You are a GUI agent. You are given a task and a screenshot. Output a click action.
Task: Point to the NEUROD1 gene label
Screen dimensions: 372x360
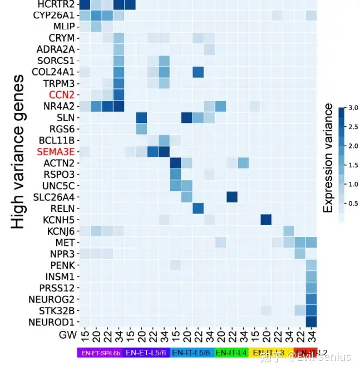pyautogui.click(x=53, y=321)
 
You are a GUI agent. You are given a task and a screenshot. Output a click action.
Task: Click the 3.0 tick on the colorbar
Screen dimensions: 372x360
pyautogui.click(x=343, y=108)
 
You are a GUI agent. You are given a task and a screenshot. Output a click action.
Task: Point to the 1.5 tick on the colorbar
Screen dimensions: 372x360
pyautogui.click(x=343, y=165)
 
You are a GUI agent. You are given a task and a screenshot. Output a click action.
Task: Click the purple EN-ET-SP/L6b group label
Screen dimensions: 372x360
pyautogui.click(x=100, y=353)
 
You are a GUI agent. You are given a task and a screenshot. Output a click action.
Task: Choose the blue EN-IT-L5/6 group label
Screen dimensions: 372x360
pyautogui.click(x=192, y=353)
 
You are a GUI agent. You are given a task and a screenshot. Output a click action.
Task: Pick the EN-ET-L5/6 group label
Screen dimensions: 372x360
pyautogui.click(x=146, y=353)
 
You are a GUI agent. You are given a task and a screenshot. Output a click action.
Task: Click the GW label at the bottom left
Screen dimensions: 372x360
pyautogui.click(x=68, y=335)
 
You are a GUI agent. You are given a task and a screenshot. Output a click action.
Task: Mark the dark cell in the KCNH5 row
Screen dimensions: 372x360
pyautogui.click(x=266, y=220)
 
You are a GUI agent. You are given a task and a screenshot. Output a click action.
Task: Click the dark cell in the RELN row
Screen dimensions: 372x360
pyautogui.click(x=198, y=208)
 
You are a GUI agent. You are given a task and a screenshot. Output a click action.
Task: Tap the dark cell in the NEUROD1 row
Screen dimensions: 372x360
pyautogui.click(x=311, y=321)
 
